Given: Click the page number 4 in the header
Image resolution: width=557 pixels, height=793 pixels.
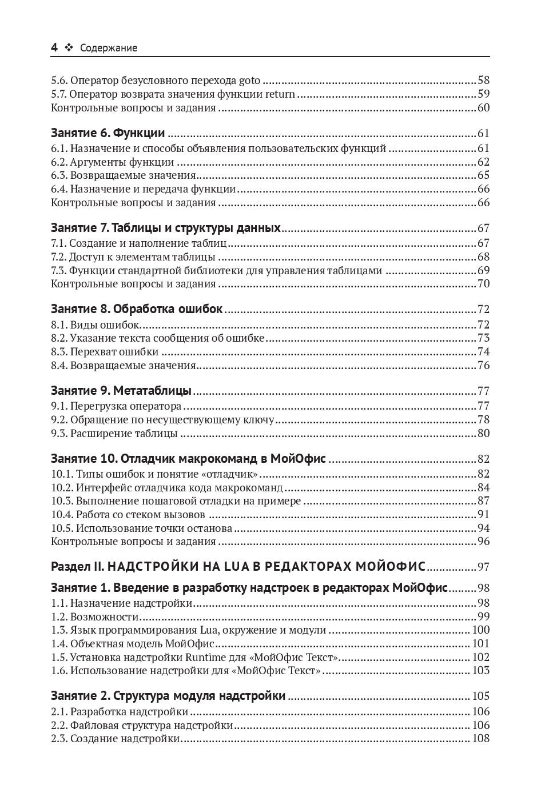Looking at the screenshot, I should point(54,47).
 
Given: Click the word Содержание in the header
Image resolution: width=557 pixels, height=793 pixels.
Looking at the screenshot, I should point(109,48).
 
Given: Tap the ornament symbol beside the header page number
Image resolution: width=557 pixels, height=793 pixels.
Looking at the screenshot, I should point(69,48).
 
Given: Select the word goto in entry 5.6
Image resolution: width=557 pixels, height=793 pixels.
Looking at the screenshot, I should point(249,81).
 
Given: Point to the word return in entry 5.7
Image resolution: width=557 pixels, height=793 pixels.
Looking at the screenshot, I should point(280,94).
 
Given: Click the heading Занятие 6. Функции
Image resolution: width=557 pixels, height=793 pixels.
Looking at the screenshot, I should point(108,133).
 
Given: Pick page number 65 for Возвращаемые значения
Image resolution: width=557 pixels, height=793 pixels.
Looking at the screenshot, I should point(483,175).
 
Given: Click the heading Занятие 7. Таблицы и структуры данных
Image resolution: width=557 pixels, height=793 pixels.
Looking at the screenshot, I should point(165,228).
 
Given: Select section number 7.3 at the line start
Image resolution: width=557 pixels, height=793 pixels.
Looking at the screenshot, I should point(58,270).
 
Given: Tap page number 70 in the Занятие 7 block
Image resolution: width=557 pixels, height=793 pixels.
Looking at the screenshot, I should point(483,284).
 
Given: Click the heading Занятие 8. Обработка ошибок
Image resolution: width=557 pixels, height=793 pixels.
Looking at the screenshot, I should point(136,309).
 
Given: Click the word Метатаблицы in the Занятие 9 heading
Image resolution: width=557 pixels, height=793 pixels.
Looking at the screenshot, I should point(152,391).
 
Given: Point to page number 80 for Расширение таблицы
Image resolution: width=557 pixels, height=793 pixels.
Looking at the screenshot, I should point(483,433).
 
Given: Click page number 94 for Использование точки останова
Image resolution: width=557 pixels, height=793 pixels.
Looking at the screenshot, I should point(483,528).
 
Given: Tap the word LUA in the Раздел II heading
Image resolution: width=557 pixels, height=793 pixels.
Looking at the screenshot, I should point(234,567).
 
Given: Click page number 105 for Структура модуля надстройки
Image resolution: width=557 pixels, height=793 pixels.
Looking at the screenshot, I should point(481,696).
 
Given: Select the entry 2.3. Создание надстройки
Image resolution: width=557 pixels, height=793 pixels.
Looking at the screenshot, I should point(116,739).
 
